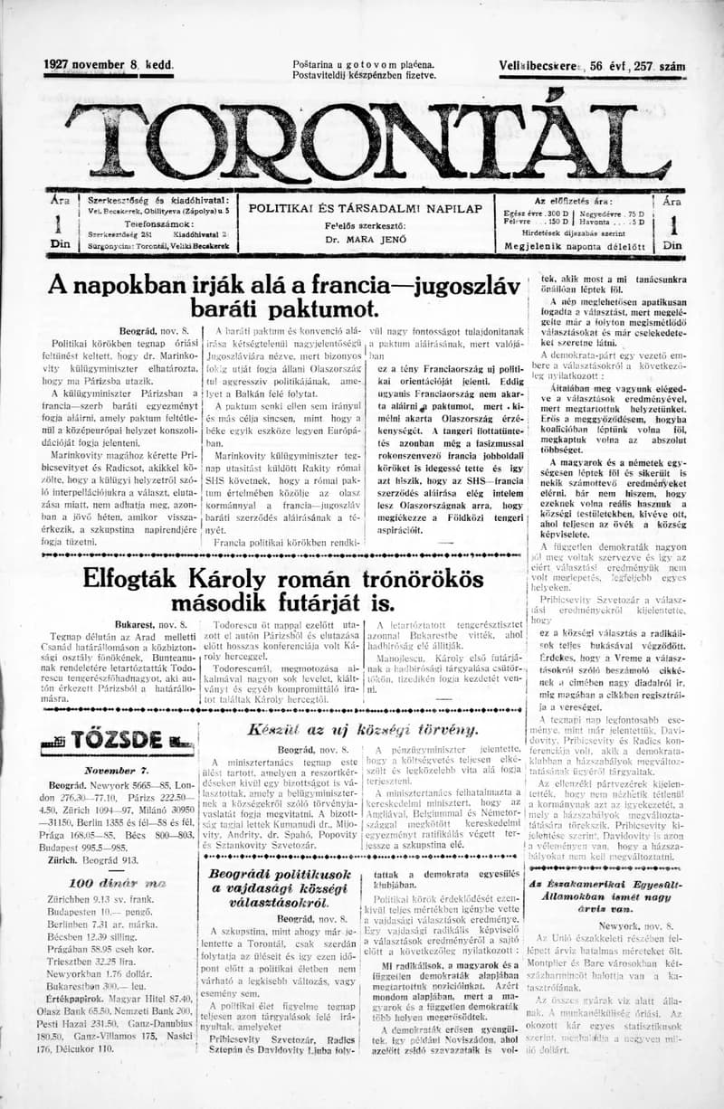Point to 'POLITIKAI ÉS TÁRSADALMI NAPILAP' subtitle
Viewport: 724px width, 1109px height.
pyautogui.click(x=365, y=208)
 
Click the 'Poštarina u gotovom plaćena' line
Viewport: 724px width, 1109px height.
pyautogui.click(x=364, y=64)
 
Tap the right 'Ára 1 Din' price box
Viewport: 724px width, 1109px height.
pyautogui.click(x=672, y=222)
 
